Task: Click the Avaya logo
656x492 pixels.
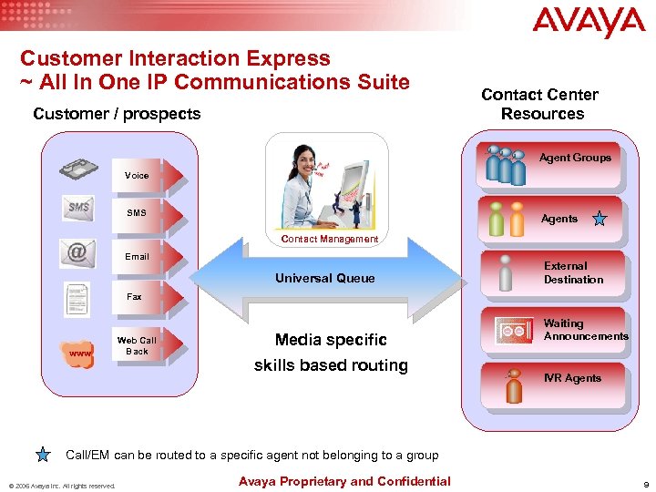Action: click(x=589, y=23)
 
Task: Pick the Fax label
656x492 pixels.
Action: click(x=134, y=297)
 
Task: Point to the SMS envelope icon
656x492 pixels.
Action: click(x=78, y=208)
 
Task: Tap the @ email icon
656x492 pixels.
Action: click(x=78, y=251)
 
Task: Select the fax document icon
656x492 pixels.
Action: click(x=78, y=298)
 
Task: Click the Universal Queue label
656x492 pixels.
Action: click(x=324, y=278)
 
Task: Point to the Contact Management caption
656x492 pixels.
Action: click(x=329, y=239)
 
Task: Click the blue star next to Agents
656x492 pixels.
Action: click(x=599, y=219)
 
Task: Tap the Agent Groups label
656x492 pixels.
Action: click(x=575, y=158)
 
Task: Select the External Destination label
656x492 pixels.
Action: click(x=573, y=272)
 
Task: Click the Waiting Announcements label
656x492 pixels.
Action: click(x=585, y=330)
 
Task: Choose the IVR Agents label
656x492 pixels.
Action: click(x=572, y=378)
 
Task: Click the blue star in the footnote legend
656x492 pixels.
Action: click(x=45, y=455)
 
